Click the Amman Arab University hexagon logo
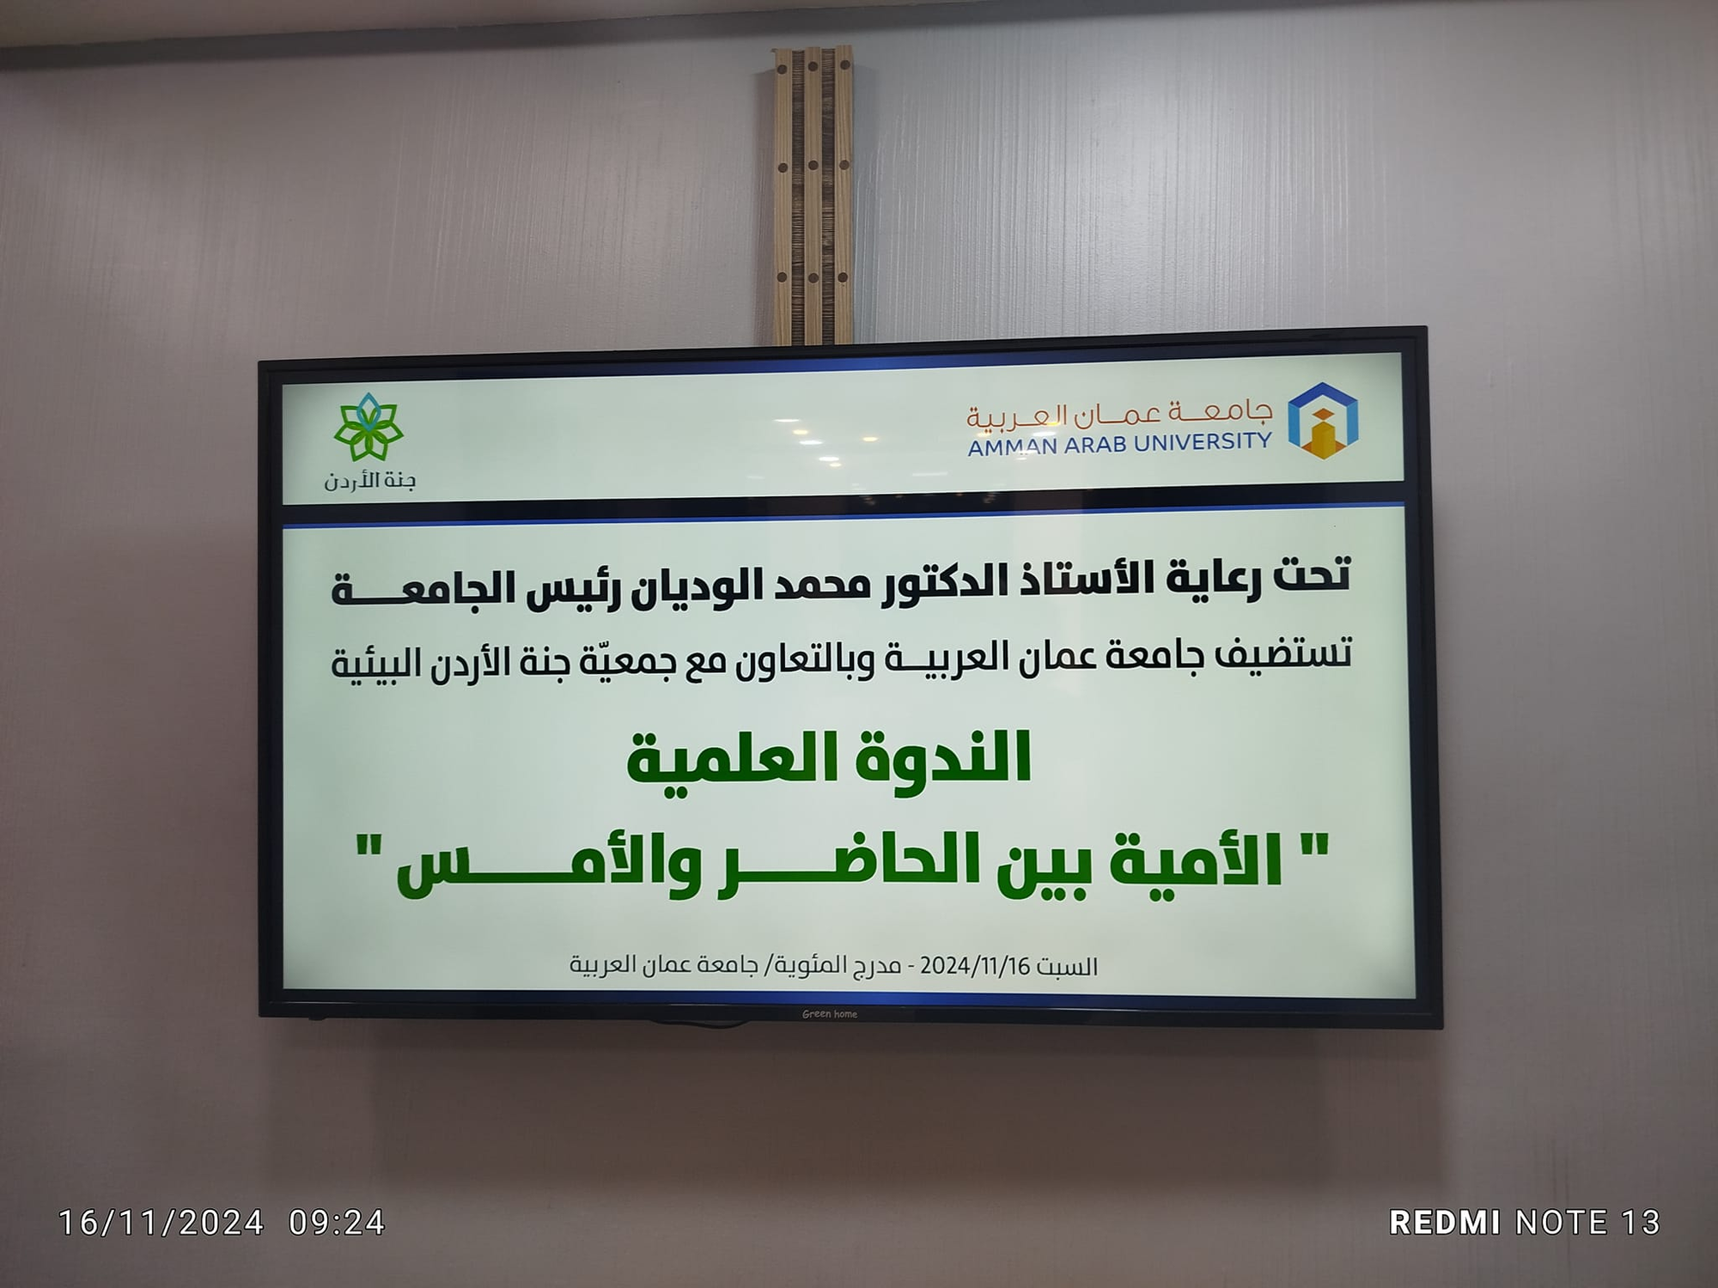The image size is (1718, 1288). coord(1323,421)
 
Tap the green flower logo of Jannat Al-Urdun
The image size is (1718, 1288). coord(369,427)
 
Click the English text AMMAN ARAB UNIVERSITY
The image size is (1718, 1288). coord(1119,444)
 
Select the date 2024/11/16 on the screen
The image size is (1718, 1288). coord(974,966)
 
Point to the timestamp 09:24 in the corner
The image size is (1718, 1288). coord(337,1222)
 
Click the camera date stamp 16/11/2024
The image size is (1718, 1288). coord(161,1222)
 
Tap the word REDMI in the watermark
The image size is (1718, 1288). coord(1445,1222)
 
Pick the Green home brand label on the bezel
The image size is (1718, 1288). coord(830,1014)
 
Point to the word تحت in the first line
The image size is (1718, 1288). coord(1312,574)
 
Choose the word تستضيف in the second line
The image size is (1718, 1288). coord(1283,654)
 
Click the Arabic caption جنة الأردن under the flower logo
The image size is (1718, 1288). coord(369,481)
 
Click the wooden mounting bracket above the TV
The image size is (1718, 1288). coord(813,194)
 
